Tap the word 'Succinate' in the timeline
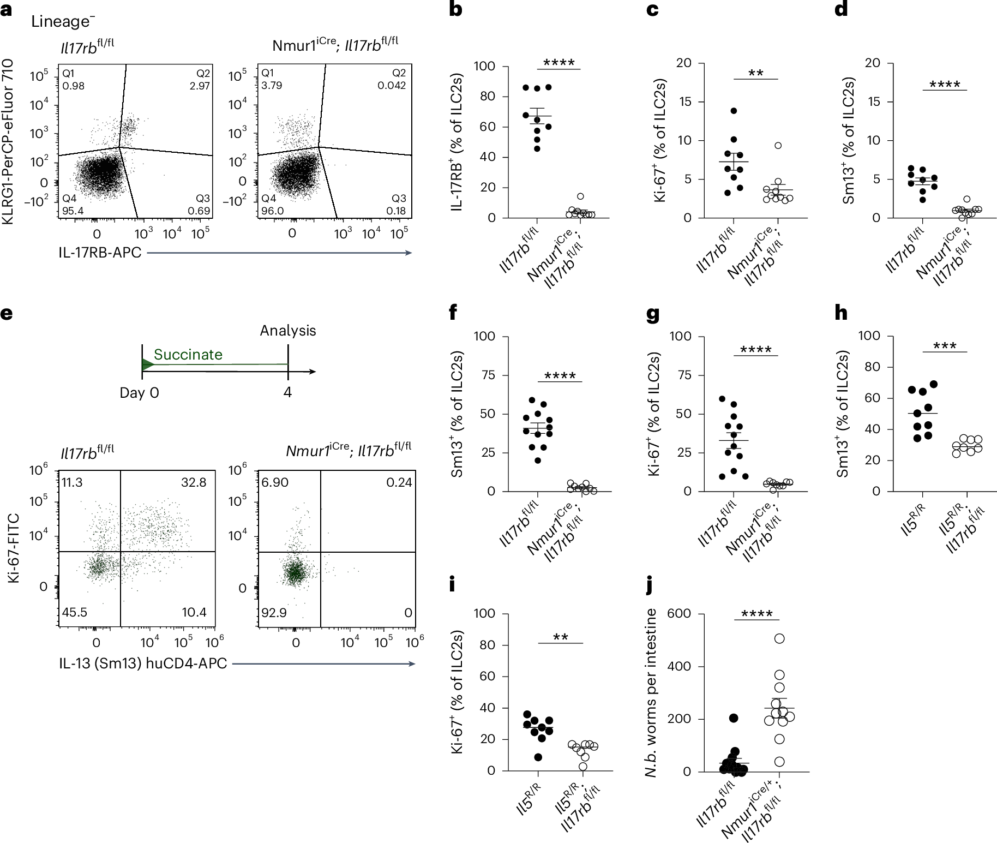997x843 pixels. [x=188, y=355]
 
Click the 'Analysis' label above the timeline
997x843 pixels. [x=287, y=331]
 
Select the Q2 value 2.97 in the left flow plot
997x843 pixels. [x=200, y=86]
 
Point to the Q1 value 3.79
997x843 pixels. [x=271, y=86]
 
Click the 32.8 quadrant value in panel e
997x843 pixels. [x=194, y=482]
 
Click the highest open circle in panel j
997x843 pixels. [x=779, y=638]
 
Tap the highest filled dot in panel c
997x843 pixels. [x=734, y=111]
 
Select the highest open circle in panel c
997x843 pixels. [x=778, y=145]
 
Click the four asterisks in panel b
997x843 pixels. [x=559, y=63]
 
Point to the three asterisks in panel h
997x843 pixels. [x=945, y=346]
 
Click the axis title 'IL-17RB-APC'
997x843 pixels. [x=100, y=252]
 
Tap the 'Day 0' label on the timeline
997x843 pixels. [x=139, y=393]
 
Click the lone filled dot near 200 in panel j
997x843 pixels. [x=734, y=718]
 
